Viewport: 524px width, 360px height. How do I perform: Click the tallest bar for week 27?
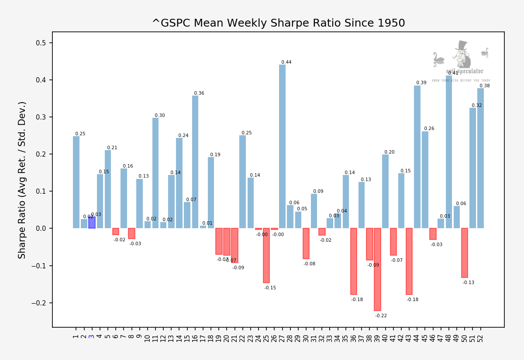coord(282,146)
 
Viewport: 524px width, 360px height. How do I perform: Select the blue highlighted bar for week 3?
coord(92,223)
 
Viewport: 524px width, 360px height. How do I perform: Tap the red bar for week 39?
coord(377,269)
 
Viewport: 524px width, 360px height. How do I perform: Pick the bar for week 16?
coord(195,162)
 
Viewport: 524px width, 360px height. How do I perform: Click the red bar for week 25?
coord(266,255)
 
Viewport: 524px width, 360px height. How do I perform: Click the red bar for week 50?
coord(465,253)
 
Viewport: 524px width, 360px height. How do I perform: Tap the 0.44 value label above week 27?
coord(286,62)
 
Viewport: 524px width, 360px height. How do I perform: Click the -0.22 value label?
coord(381,315)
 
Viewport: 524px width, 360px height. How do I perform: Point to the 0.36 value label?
coord(199,93)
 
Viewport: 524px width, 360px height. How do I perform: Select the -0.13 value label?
coord(468,283)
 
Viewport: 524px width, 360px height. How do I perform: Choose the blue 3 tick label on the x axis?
coord(92,336)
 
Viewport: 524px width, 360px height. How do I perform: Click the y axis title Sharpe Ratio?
coord(22,180)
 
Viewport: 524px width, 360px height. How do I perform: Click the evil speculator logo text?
coord(465,71)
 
